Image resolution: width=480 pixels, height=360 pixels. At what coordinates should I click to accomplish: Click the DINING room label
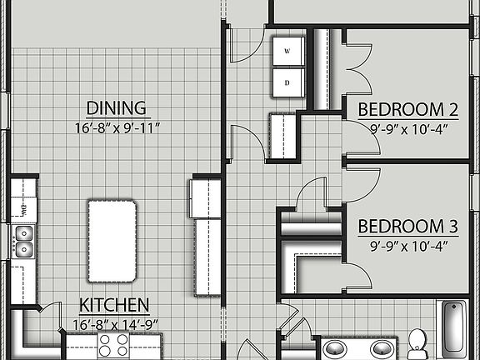pyautogui.click(x=117, y=107)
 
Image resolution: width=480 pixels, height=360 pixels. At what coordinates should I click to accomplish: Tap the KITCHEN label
pyautogui.click(x=114, y=305)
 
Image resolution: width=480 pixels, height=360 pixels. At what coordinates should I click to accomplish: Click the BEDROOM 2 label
pyautogui.click(x=408, y=109)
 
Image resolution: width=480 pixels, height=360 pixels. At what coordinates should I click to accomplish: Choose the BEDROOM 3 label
pyautogui.click(x=408, y=227)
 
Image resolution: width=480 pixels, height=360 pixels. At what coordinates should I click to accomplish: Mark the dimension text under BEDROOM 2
pyautogui.click(x=408, y=128)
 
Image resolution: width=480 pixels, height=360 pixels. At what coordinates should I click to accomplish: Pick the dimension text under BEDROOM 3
pyautogui.click(x=408, y=246)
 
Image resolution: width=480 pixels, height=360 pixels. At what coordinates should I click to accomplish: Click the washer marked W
pyautogui.click(x=287, y=51)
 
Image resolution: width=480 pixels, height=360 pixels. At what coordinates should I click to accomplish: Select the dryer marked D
pyautogui.click(x=287, y=82)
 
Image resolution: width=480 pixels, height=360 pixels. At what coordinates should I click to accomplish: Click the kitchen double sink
pyautogui.click(x=23, y=240)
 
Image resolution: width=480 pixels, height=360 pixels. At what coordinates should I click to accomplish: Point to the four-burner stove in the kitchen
pyautogui.click(x=114, y=345)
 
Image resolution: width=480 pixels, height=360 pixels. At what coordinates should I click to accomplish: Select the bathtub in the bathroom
pyautogui.click(x=454, y=328)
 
